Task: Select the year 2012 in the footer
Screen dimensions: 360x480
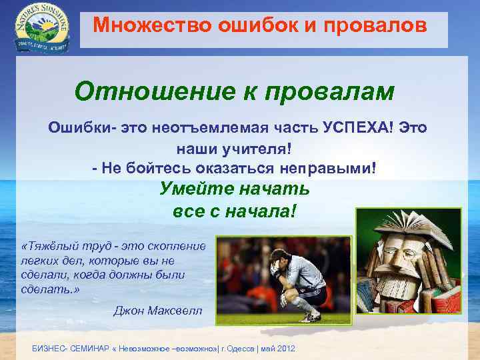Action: [287, 349]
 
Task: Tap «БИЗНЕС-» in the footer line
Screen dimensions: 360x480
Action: [50, 349]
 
